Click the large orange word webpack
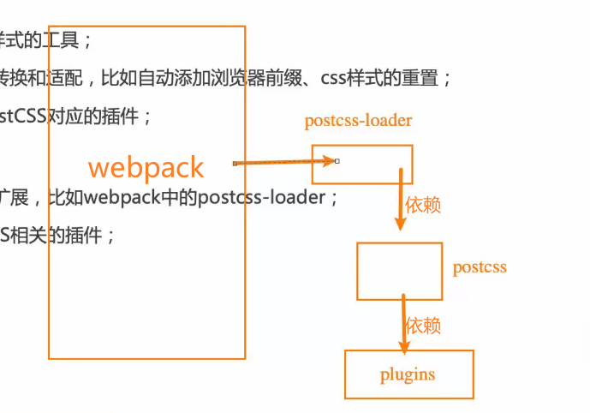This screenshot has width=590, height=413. coord(146,167)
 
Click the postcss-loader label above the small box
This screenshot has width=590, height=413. coord(358,121)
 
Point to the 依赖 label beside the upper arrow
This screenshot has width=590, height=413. coord(423,206)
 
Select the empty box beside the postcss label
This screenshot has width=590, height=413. coord(399,271)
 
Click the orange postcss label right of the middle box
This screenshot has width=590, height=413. coord(480,267)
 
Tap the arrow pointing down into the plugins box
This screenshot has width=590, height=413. coord(404,324)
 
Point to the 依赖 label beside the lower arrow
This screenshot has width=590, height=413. coord(423,326)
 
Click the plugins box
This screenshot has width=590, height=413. coord(408,374)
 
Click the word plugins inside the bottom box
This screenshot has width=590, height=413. coord(408,374)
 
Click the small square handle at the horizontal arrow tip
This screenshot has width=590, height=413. coord(337,161)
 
